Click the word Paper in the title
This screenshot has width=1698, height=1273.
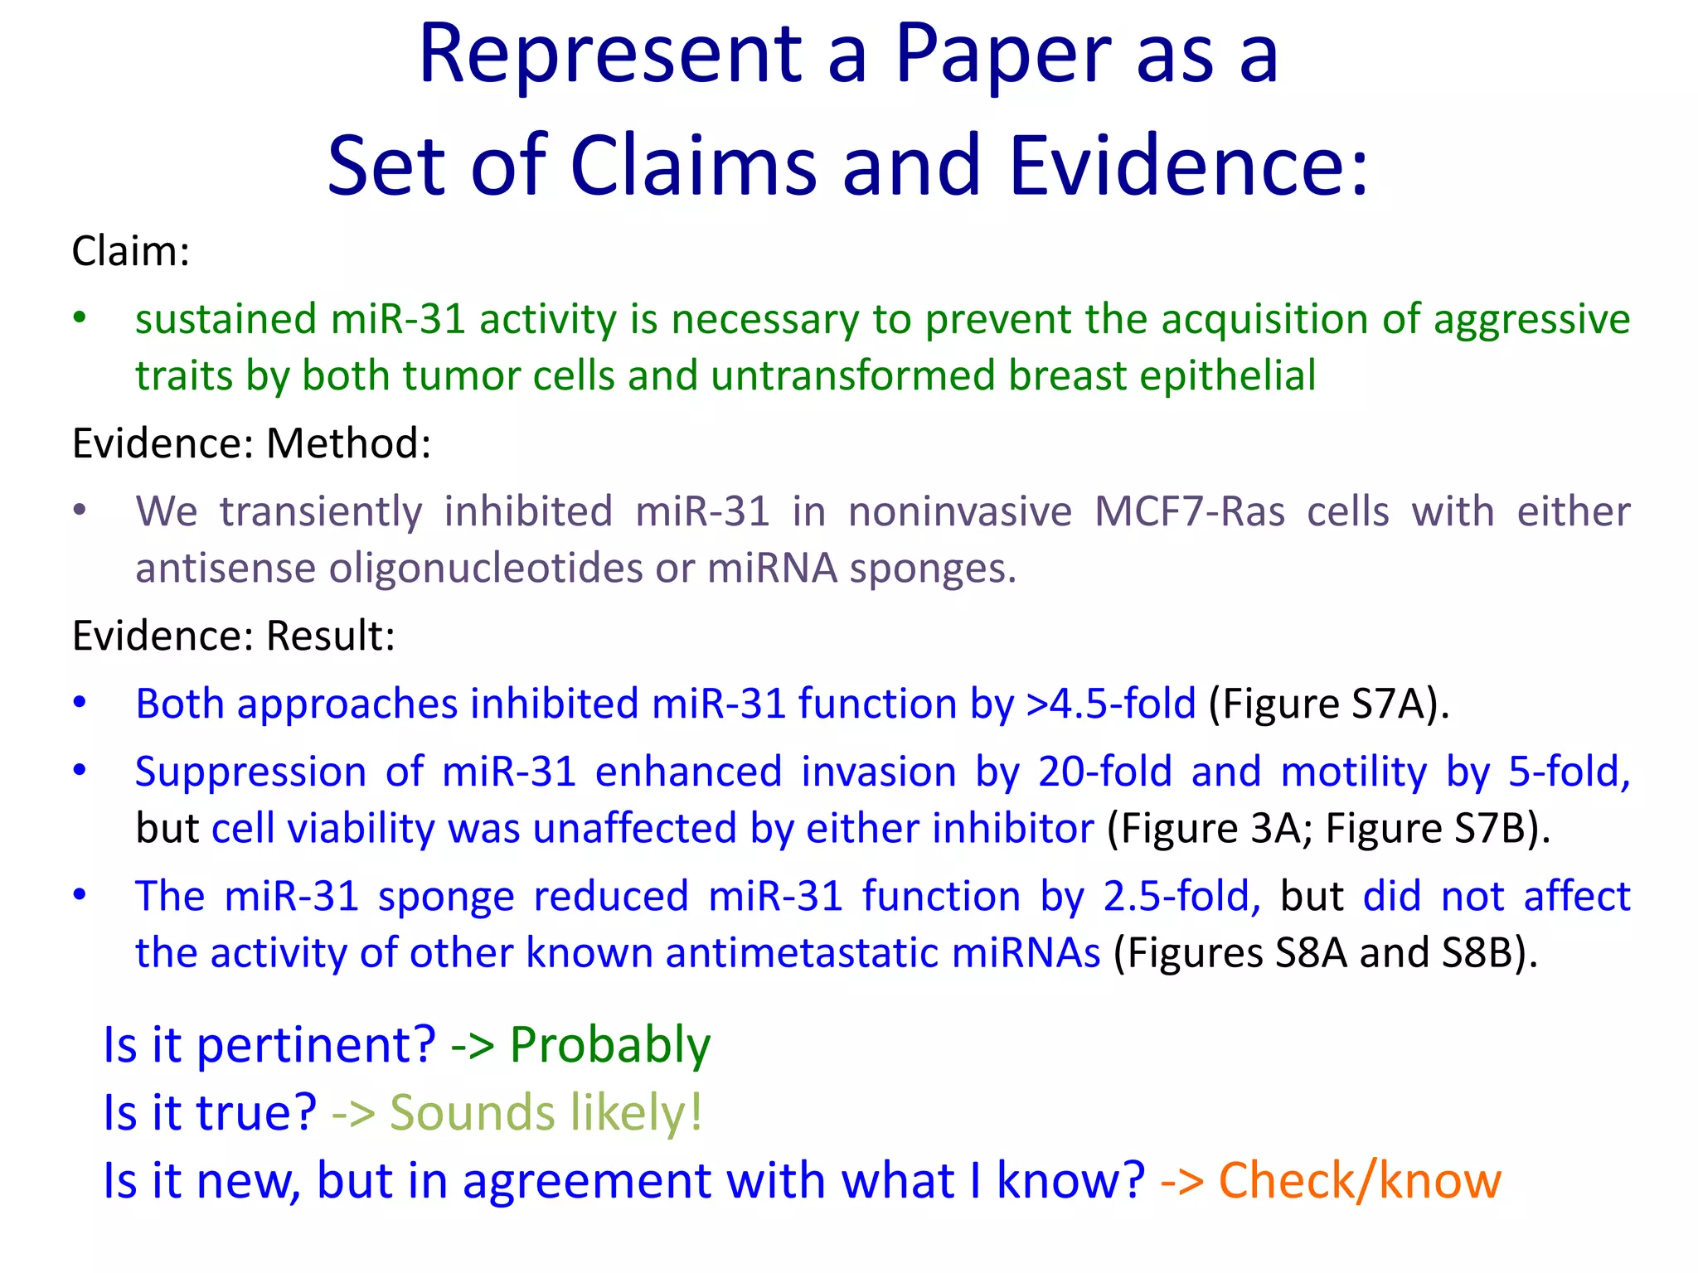click(1003, 55)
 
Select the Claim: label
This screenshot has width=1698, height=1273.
click(131, 251)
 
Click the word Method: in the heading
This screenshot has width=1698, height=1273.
click(349, 443)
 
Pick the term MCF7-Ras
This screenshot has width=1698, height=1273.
click(1189, 511)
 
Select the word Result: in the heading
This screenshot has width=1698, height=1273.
click(331, 636)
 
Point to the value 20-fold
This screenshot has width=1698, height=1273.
click(1104, 772)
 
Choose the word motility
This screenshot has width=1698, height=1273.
click(1354, 772)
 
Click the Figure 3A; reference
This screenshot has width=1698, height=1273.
click(1210, 829)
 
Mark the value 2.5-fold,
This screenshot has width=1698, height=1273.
click(1181, 897)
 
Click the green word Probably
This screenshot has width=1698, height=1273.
click(610, 1044)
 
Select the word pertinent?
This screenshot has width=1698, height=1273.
click(316, 1044)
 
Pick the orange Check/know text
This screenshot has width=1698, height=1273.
click(1360, 1180)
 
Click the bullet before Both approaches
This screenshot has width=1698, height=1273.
click(80, 703)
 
